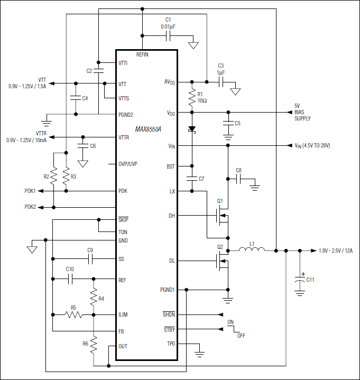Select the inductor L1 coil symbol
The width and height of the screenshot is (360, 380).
point(252,250)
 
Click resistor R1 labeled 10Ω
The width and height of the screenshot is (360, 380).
point(192,97)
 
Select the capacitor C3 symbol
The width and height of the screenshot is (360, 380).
point(220,82)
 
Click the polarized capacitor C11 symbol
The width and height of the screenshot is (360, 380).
point(300,279)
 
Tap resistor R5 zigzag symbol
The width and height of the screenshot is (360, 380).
point(73,314)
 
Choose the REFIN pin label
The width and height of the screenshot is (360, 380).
point(143,54)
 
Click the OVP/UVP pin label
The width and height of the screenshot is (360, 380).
point(128,164)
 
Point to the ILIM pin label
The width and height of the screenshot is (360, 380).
point(123,314)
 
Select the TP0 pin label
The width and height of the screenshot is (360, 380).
point(170,344)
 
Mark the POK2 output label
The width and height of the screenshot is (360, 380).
point(30,207)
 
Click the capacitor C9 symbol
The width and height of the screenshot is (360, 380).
point(90,258)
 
